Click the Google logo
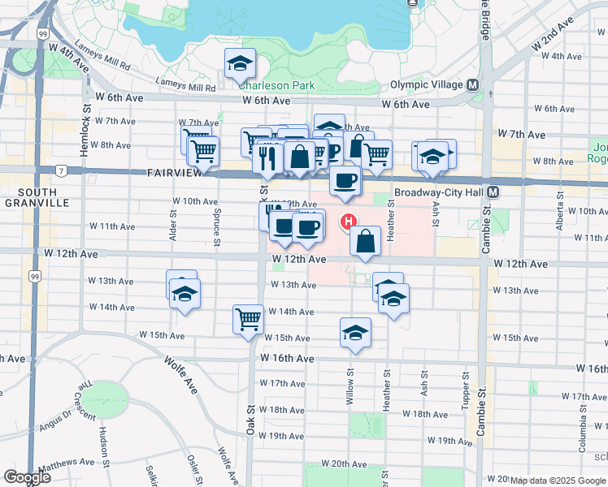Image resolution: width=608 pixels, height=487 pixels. point(27,477)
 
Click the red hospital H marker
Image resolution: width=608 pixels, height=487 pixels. point(349,221)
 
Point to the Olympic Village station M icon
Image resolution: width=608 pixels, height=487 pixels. point(471,84)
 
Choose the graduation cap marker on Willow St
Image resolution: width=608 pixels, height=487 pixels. point(355,332)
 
